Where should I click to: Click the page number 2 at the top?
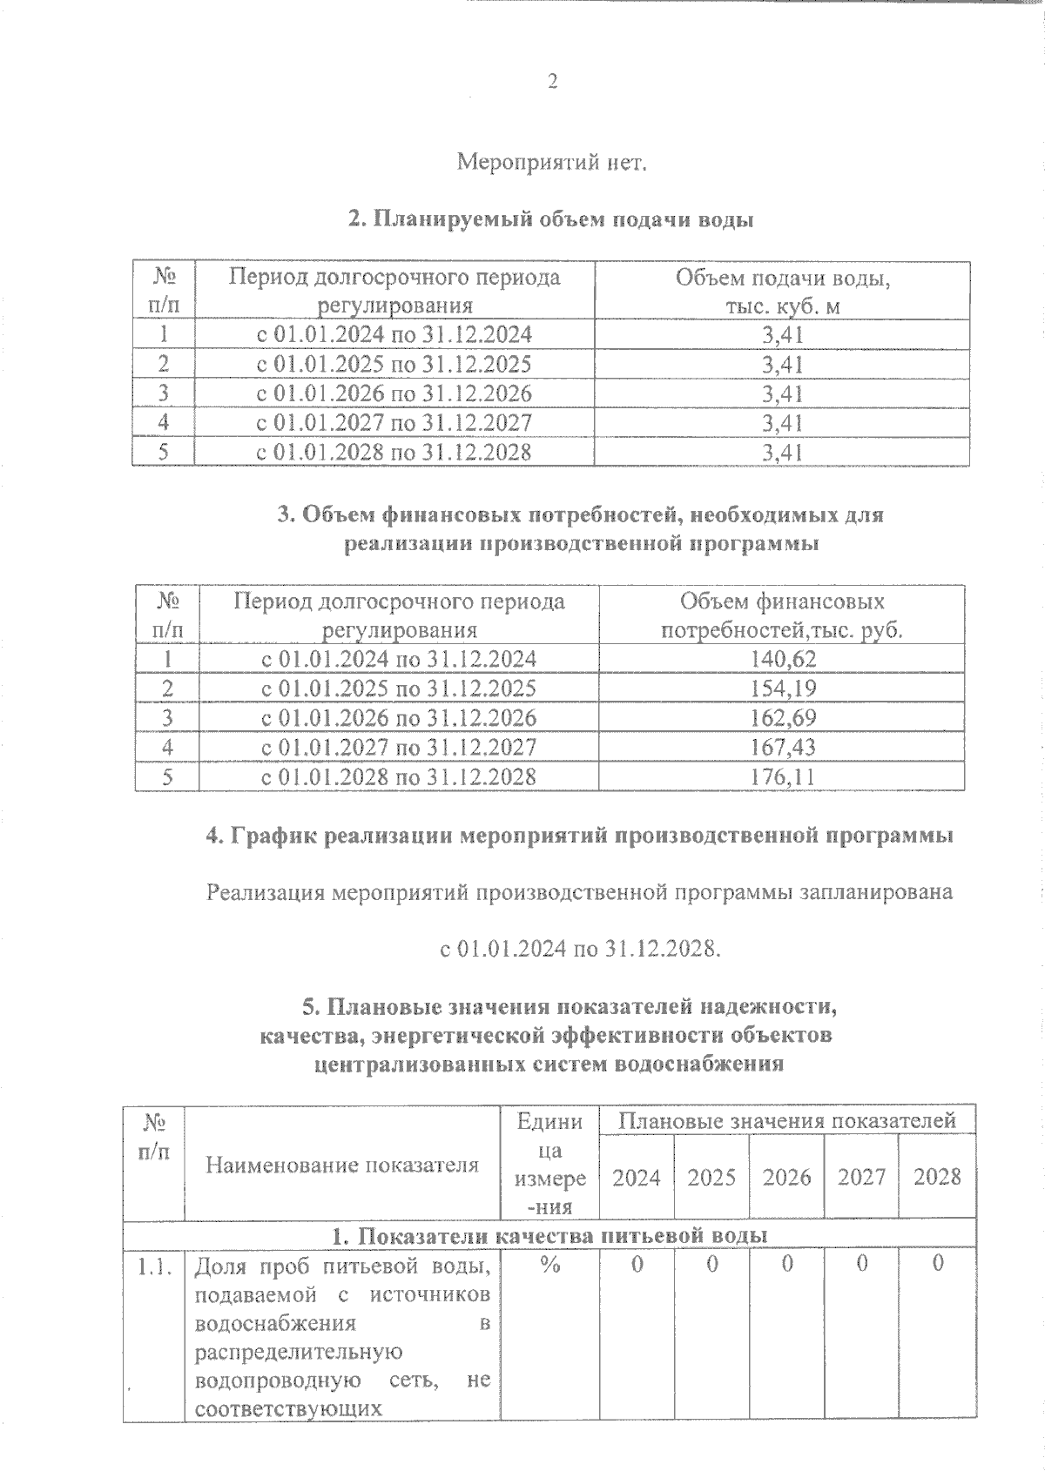pyautogui.click(x=551, y=83)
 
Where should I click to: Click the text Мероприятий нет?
pyautogui.click(x=552, y=163)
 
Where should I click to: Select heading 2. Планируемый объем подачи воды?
pyautogui.click(x=550, y=220)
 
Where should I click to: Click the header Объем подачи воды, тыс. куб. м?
pyautogui.click(x=782, y=292)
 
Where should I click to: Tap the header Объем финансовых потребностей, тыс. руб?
pyautogui.click(x=782, y=615)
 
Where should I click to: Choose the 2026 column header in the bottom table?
pyautogui.click(x=786, y=1178)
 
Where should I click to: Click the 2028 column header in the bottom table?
pyautogui.click(x=937, y=1178)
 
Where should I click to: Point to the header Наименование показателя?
pyautogui.click(x=342, y=1166)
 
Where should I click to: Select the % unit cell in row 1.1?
pyautogui.click(x=549, y=1266)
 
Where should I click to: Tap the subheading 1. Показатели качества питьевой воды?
pyautogui.click(x=549, y=1236)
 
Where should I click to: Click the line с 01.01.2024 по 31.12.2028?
pyautogui.click(x=581, y=949)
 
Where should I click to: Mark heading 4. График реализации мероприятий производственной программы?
pyautogui.click(x=579, y=836)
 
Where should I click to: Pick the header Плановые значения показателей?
pyautogui.click(x=786, y=1120)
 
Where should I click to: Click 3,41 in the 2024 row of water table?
pyautogui.click(x=782, y=335)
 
